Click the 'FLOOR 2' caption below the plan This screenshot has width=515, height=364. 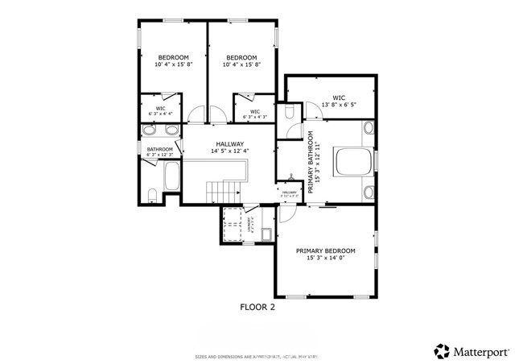257,307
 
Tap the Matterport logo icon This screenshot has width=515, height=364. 442,351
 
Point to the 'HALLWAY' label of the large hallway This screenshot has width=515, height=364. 228,143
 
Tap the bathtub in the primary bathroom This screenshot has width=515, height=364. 351,161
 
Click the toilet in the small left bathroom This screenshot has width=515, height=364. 153,192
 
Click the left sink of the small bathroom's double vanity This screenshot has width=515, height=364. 151,130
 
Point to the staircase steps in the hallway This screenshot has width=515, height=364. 225,192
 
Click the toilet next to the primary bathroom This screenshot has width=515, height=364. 291,114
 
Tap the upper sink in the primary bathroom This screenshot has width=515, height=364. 368,128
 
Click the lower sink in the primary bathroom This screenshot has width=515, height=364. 368,192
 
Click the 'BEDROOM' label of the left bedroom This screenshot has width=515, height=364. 173,57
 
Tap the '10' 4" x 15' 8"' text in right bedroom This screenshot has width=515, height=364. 241,65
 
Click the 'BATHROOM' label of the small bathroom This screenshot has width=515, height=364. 159,149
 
